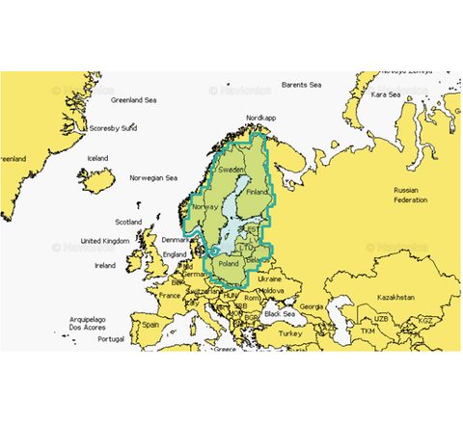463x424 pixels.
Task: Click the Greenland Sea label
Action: (x=139, y=99)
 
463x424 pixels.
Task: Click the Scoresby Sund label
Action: (x=115, y=127)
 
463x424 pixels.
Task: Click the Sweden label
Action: (x=218, y=169)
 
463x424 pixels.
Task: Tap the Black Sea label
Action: (x=280, y=314)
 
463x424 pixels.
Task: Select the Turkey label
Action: (x=289, y=332)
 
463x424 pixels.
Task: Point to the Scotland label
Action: (x=128, y=221)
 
